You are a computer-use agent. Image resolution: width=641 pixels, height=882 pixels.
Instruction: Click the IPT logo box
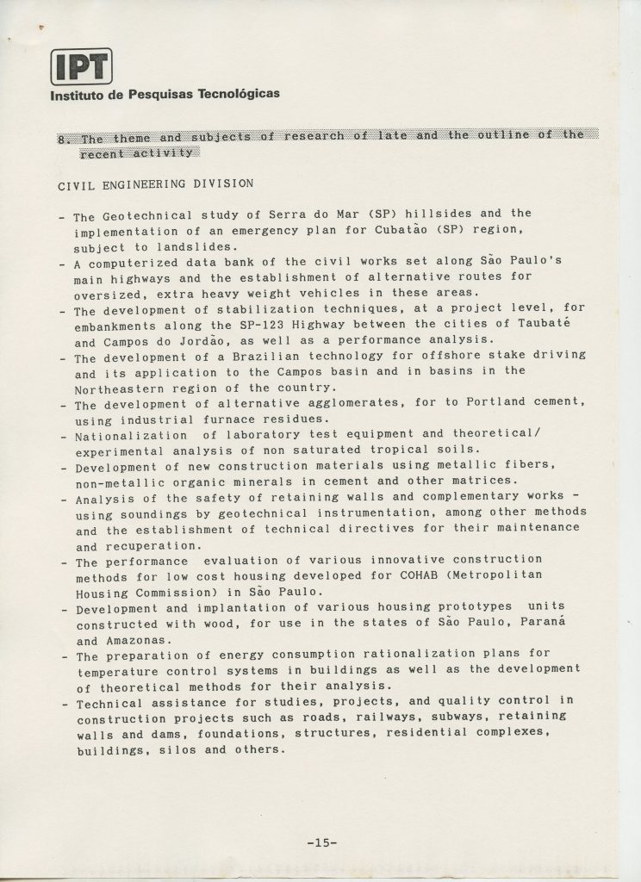click(x=81, y=66)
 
